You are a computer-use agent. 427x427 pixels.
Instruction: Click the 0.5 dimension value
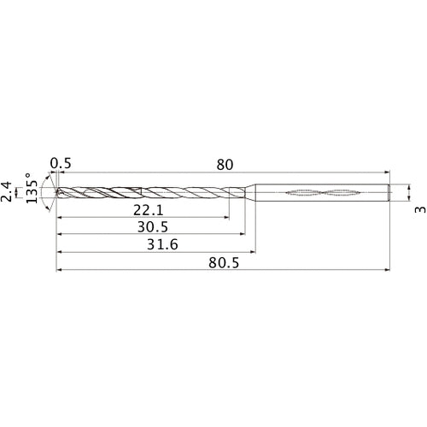pyautogui.click(x=60, y=162)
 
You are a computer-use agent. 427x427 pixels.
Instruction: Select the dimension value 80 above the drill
pyautogui.click(x=225, y=162)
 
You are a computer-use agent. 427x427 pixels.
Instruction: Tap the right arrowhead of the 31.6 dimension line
pyautogui.click(x=252, y=253)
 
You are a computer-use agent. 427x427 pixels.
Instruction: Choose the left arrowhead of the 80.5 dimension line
pyautogui.click(x=59, y=271)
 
